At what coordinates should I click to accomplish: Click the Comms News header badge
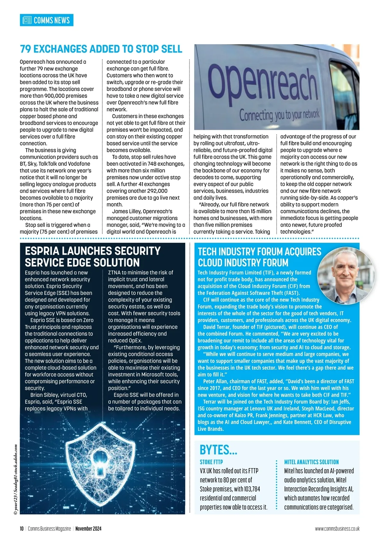click(47, 20)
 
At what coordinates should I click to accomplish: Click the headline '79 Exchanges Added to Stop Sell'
click(101, 49)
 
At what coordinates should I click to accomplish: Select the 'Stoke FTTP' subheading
click(211, 462)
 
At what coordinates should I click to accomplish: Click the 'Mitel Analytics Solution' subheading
click(311, 462)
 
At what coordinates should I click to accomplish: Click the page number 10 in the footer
click(22, 529)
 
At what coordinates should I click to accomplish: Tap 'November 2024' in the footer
click(88, 529)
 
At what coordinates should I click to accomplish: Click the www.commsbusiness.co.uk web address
click(337, 529)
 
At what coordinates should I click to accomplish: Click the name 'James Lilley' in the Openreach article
click(126, 212)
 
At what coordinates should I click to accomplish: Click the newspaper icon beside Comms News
click(27, 20)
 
